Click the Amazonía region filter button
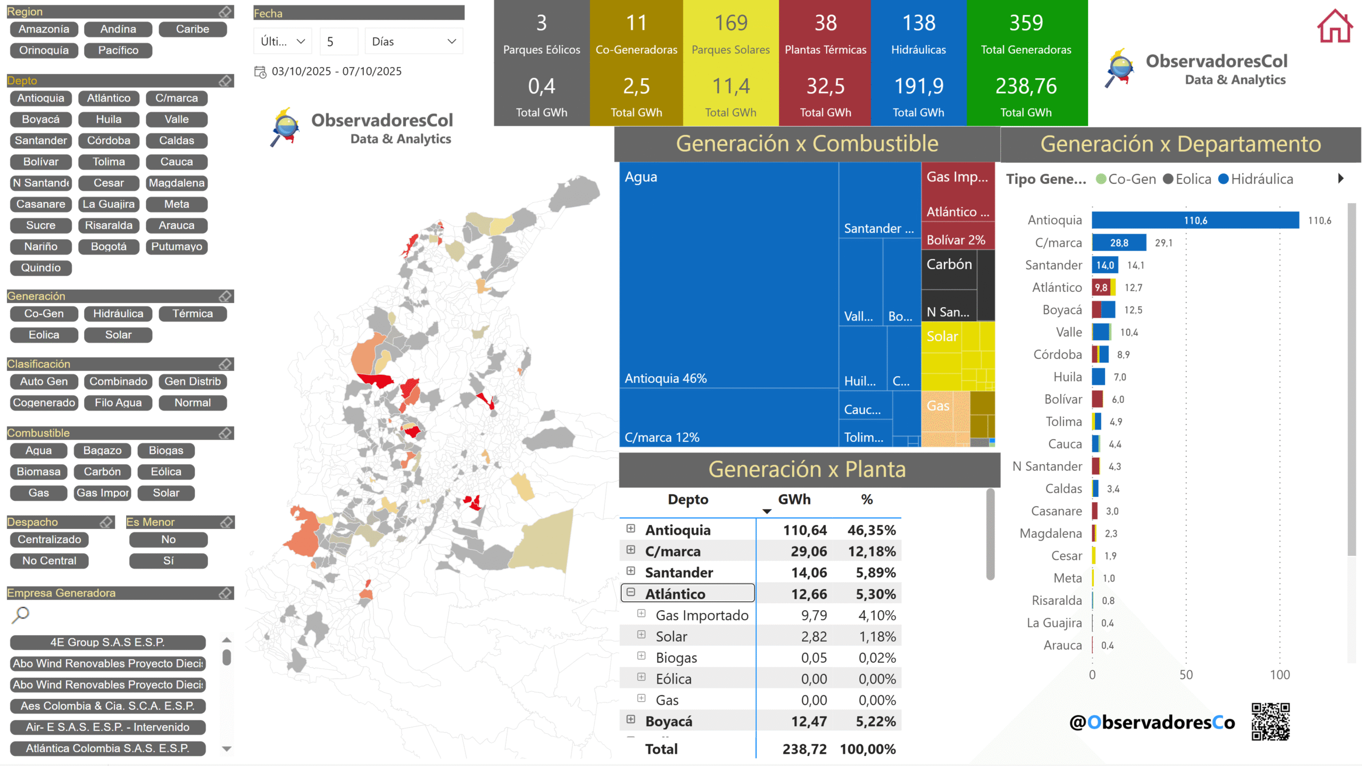click(x=44, y=29)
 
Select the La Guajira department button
click(x=109, y=204)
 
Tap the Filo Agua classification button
click(x=118, y=403)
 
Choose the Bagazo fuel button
click(x=102, y=451)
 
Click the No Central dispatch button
click(x=49, y=561)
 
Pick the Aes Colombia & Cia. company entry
click(x=107, y=706)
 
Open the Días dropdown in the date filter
click(x=413, y=41)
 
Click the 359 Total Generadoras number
click(x=1026, y=23)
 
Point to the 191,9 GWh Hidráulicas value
click(x=918, y=86)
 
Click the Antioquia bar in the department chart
click(x=1195, y=220)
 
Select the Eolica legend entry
click(x=1187, y=179)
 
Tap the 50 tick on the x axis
click(x=1186, y=675)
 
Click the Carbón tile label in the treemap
click(x=949, y=264)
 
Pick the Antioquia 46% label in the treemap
click(x=666, y=378)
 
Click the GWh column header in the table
click(x=794, y=500)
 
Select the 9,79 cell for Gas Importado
click(x=813, y=616)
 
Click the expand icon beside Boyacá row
click(x=630, y=719)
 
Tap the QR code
click(x=1270, y=721)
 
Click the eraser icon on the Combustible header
click(x=226, y=433)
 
